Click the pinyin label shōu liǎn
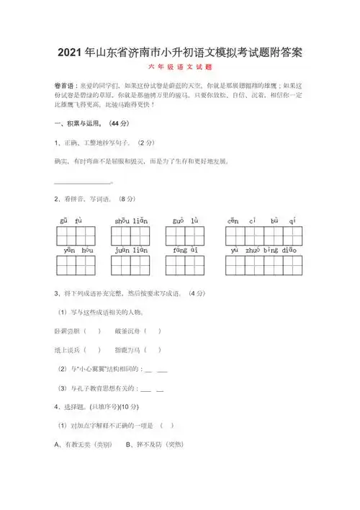(x=130, y=220)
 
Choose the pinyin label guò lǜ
(x=184, y=220)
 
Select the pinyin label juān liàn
(x=130, y=250)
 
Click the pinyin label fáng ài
(x=184, y=250)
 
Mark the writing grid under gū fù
(x=76, y=236)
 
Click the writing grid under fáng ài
(x=185, y=266)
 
